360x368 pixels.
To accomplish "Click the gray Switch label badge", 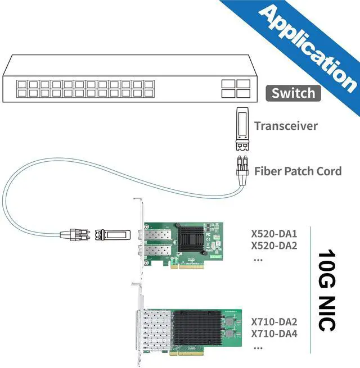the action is tap(293, 93).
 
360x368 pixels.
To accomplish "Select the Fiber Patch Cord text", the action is tap(298, 171).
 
